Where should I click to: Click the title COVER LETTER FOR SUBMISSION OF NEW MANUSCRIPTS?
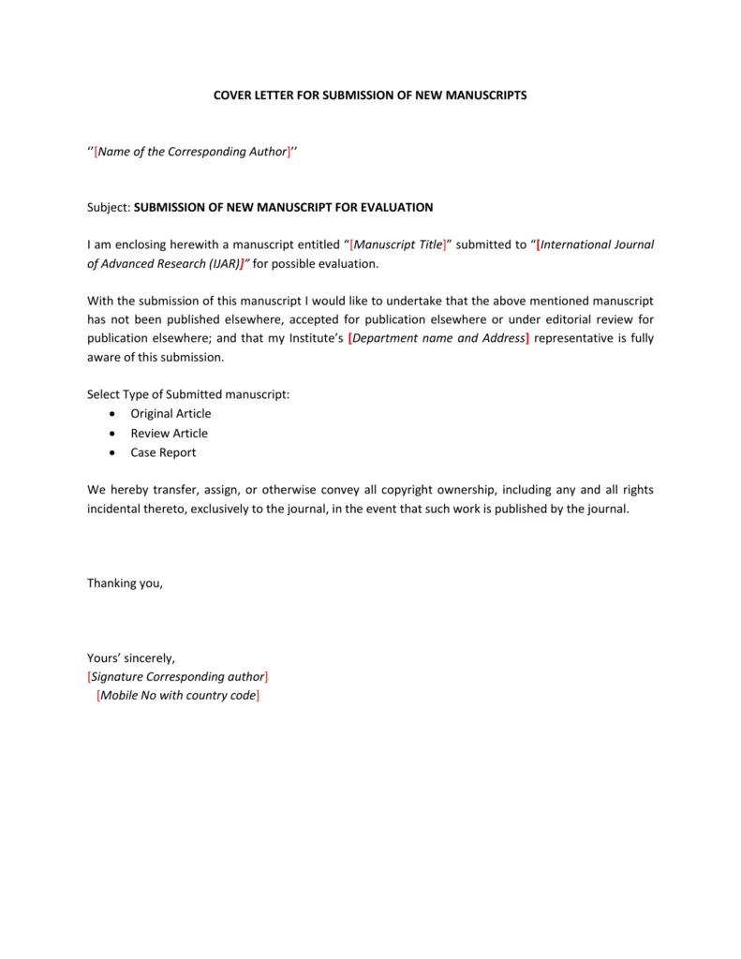point(370,96)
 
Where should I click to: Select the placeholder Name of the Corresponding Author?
point(192,152)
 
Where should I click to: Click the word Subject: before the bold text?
point(109,207)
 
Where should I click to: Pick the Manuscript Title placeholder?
point(399,244)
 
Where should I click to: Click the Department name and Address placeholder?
point(437,338)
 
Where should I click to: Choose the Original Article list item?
point(170,414)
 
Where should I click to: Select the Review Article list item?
point(169,434)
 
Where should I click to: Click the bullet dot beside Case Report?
point(112,452)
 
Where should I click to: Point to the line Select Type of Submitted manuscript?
point(188,394)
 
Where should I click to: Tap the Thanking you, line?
point(125,583)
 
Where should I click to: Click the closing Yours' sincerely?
point(131,658)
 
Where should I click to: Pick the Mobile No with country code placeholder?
point(178,696)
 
